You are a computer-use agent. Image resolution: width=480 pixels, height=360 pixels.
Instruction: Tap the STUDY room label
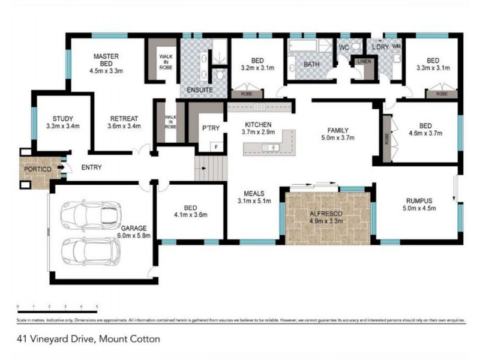click(x=62, y=118)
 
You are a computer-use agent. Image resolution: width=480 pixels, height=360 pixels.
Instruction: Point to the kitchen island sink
click(x=268, y=147)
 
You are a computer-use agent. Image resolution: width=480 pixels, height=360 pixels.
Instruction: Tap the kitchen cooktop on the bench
click(x=259, y=107)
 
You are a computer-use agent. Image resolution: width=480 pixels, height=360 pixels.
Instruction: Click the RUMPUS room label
click(x=419, y=200)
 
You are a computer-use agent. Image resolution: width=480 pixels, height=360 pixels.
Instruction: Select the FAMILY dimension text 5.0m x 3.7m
click(x=338, y=138)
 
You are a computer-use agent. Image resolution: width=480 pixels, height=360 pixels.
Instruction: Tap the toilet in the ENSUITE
click(x=220, y=74)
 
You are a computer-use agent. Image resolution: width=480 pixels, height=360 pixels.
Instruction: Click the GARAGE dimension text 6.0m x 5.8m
click(x=135, y=236)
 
